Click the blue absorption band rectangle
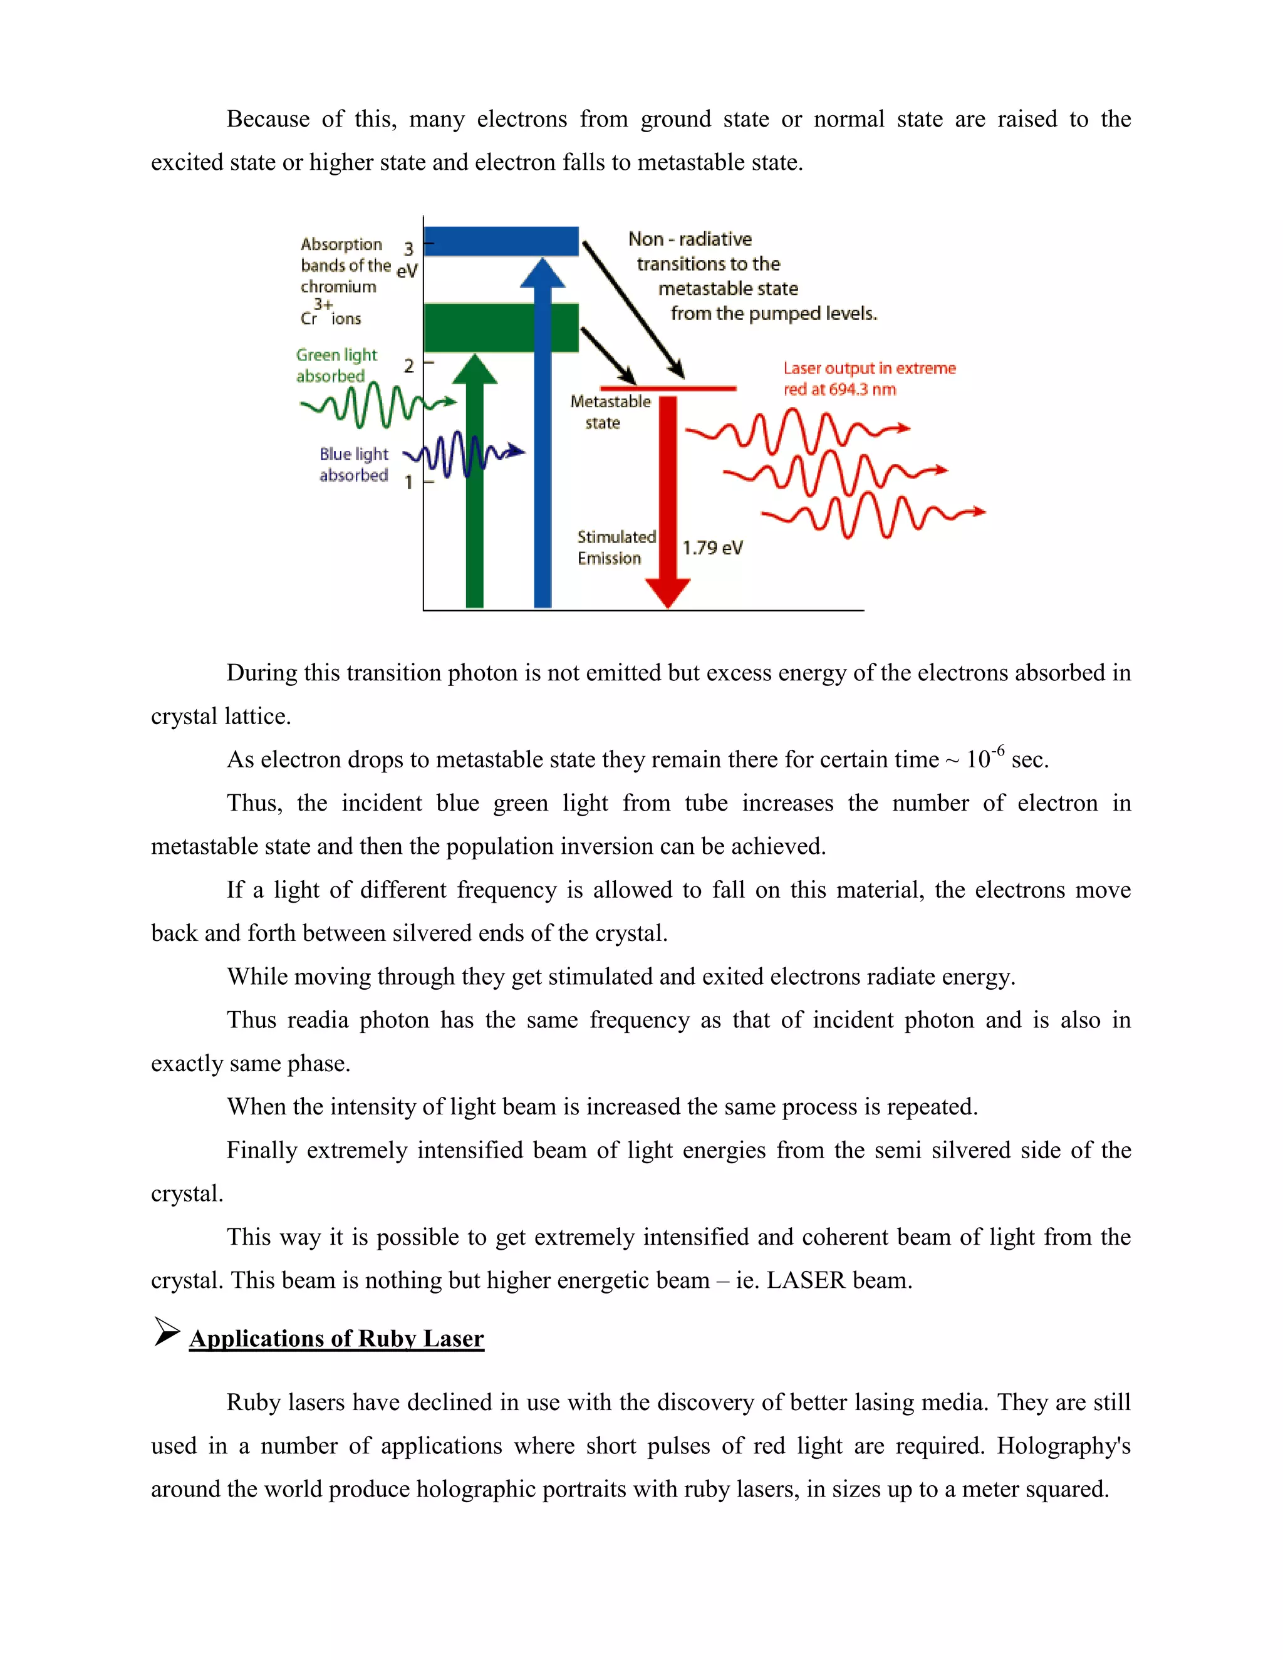click(x=500, y=241)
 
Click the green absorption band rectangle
click(x=500, y=328)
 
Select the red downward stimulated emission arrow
click(x=667, y=494)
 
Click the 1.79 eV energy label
click(x=712, y=548)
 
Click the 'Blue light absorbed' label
click(x=353, y=464)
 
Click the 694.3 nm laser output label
click(x=868, y=378)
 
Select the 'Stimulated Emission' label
click(x=615, y=547)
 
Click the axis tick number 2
click(x=409, y=366)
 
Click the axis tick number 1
click(x=409, y=482)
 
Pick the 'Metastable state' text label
click(x=610, y=411)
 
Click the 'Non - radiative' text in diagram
click(x=689, y=239)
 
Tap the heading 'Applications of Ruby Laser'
click(x=336, y=1339)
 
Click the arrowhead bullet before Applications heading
click(x=167, y=1332)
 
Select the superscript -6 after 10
click(x=997, y=750)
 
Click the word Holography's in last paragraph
click(x=1062, y=1446)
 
